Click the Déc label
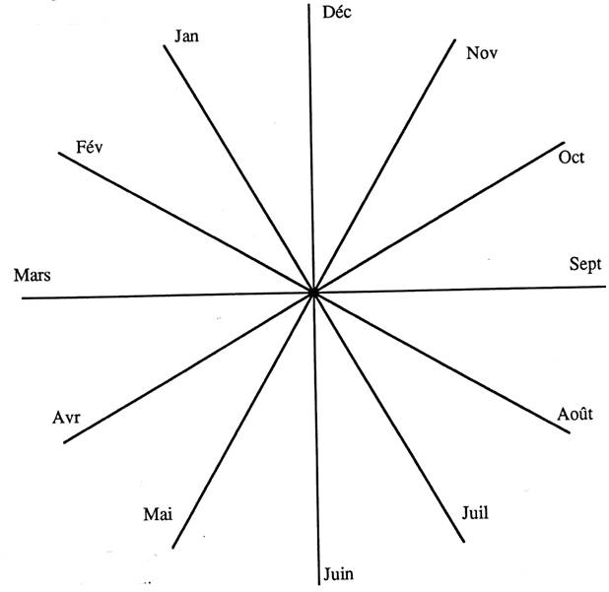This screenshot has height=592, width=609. pos(337,12)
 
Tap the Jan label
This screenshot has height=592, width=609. pos(186,36)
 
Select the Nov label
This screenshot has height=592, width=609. pos(482,53)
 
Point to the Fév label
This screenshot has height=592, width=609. pos(90,147)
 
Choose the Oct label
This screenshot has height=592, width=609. pos(571,158)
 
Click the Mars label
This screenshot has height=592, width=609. pos(33,275)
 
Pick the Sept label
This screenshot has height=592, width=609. pos(585,265)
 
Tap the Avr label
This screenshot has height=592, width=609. pos(66,418)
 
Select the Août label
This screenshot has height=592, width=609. pos(575,414)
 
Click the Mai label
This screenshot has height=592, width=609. pos(158,514)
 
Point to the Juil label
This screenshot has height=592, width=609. pos(475,513)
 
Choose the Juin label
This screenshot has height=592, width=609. pos(338,573)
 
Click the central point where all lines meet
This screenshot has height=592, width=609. pos(313,293)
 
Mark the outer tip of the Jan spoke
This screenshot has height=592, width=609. pos(165,46)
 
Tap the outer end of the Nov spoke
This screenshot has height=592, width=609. pos(455,39)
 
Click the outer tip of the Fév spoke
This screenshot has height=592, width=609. pos(59,153)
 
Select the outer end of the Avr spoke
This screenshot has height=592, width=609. pos(64,442)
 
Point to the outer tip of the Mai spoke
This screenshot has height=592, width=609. pos(172,548)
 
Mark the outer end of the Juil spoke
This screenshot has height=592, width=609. pos(463,541)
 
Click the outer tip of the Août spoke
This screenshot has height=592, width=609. pos(570,432)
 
